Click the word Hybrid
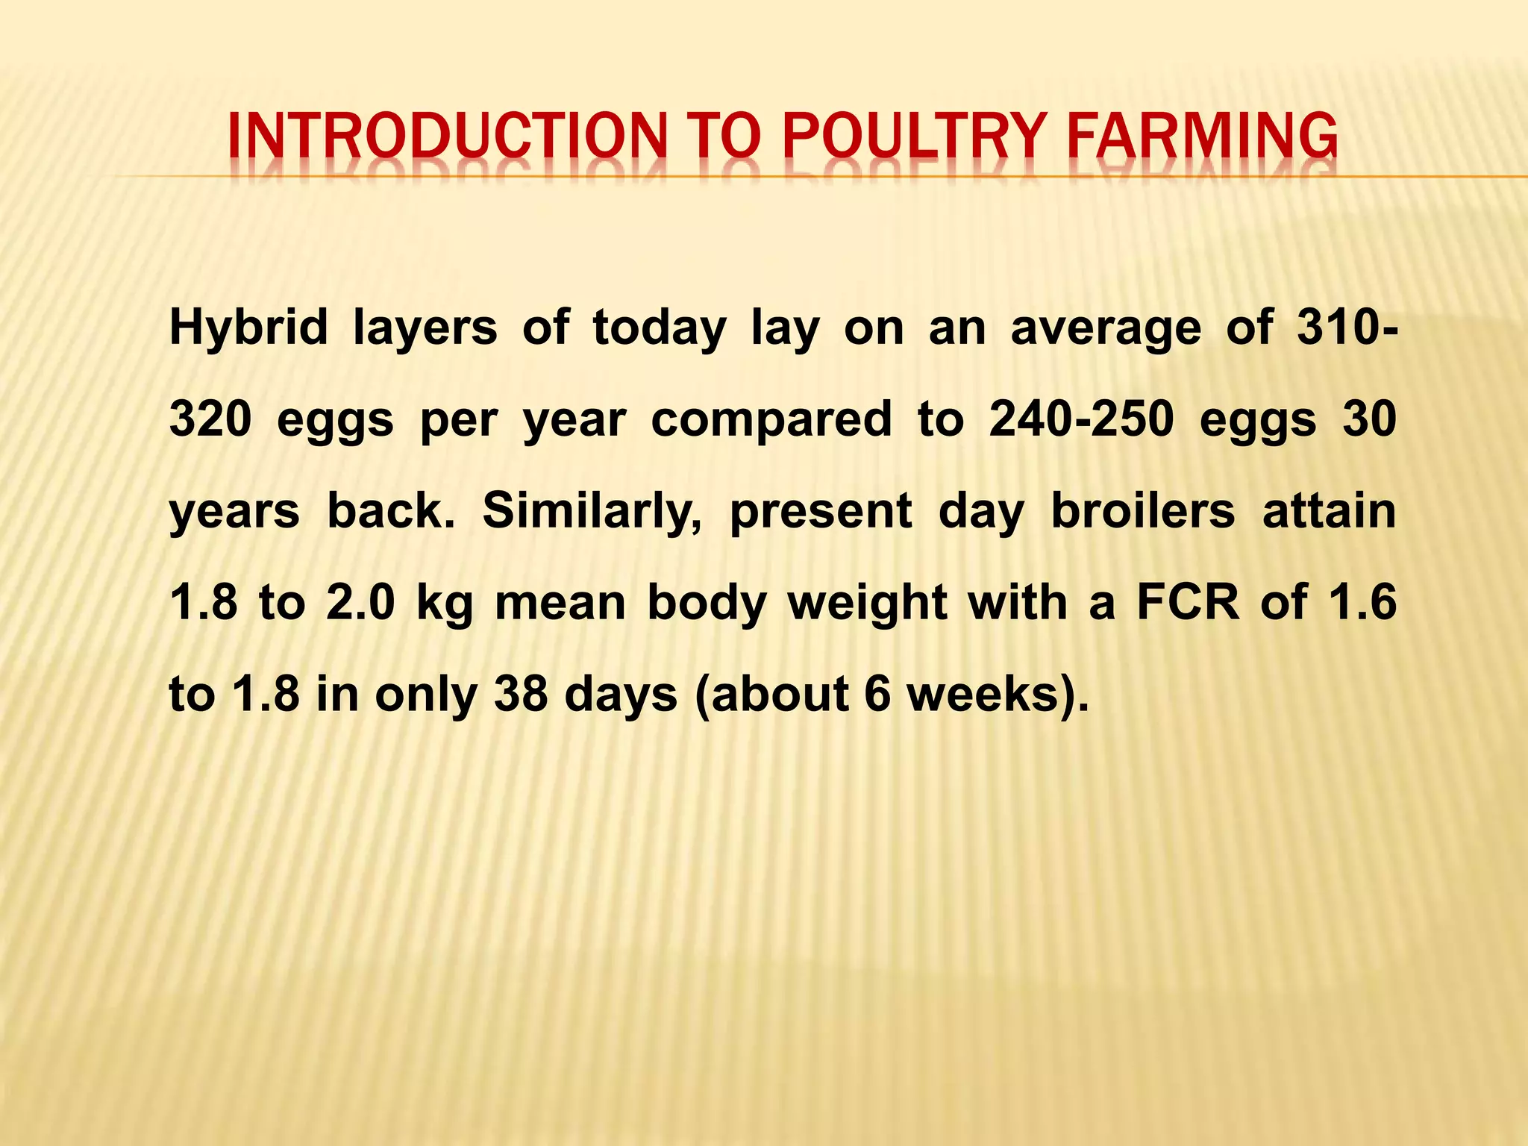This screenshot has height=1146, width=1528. click(248, 328)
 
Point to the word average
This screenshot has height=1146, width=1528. click(1106, 328)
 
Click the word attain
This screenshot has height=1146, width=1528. click(1329, 511)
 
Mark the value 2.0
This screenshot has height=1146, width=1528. click(360, 602)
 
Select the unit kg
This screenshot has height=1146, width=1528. click(445, 604)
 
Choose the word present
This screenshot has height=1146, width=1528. click(821, 513)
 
